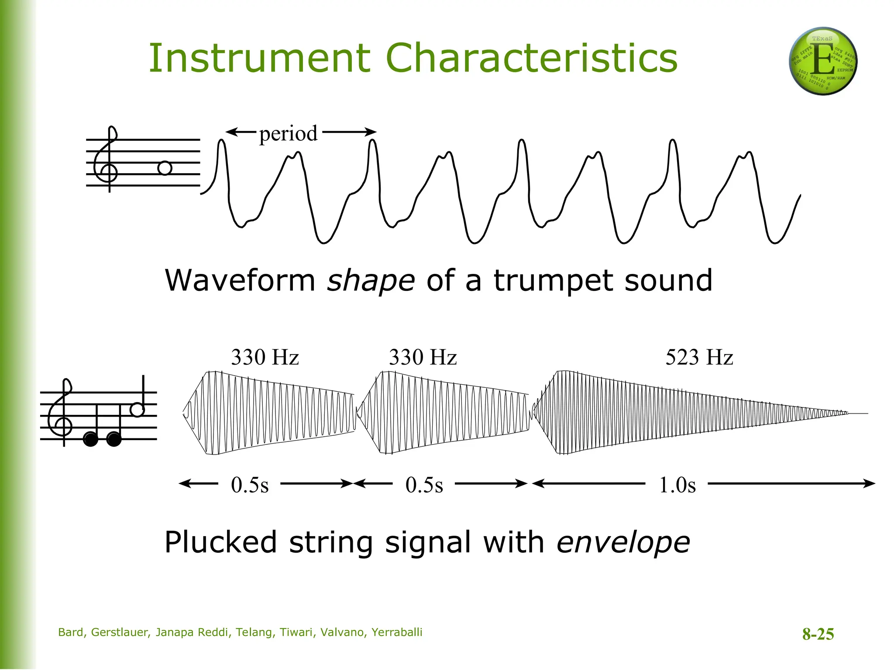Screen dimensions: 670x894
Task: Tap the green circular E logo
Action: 823,61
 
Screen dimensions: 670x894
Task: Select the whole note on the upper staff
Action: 165,168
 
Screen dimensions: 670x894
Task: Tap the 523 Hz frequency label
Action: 699,357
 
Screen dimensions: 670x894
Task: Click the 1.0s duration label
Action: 677,485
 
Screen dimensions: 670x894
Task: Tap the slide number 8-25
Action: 818,634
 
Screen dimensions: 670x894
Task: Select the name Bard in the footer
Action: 71,632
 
